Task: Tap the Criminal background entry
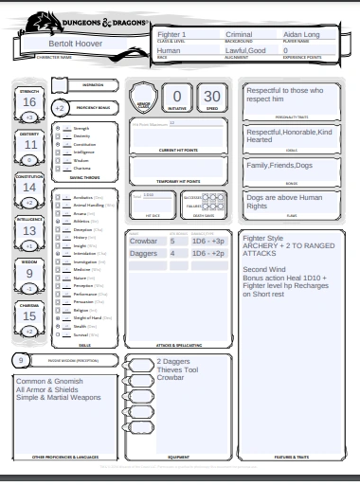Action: (x=219, y=34)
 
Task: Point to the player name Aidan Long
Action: (x=279, y=34)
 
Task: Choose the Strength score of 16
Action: (x=29, y=102)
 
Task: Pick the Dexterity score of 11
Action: (x=29, y=145)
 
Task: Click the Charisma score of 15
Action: (x=29, y=315)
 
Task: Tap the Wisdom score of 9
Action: (x=29, y=273)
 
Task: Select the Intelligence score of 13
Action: (x=29, y=230)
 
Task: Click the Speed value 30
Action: (x=212, y=96)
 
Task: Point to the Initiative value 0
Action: (x=176, y=96)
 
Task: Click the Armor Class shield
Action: (x=143, y=98)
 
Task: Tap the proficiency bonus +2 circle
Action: (x=60, y=108)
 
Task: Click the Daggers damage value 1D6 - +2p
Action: (x=207, y=254)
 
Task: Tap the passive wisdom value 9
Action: (x=21, y=361)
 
